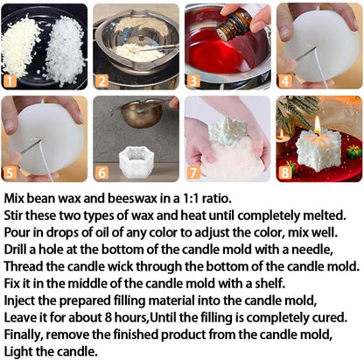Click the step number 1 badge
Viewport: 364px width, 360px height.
[x=11, y=81]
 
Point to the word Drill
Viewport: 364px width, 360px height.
[x=19, y=251]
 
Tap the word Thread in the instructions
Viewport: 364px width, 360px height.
[x=26, y=266]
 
